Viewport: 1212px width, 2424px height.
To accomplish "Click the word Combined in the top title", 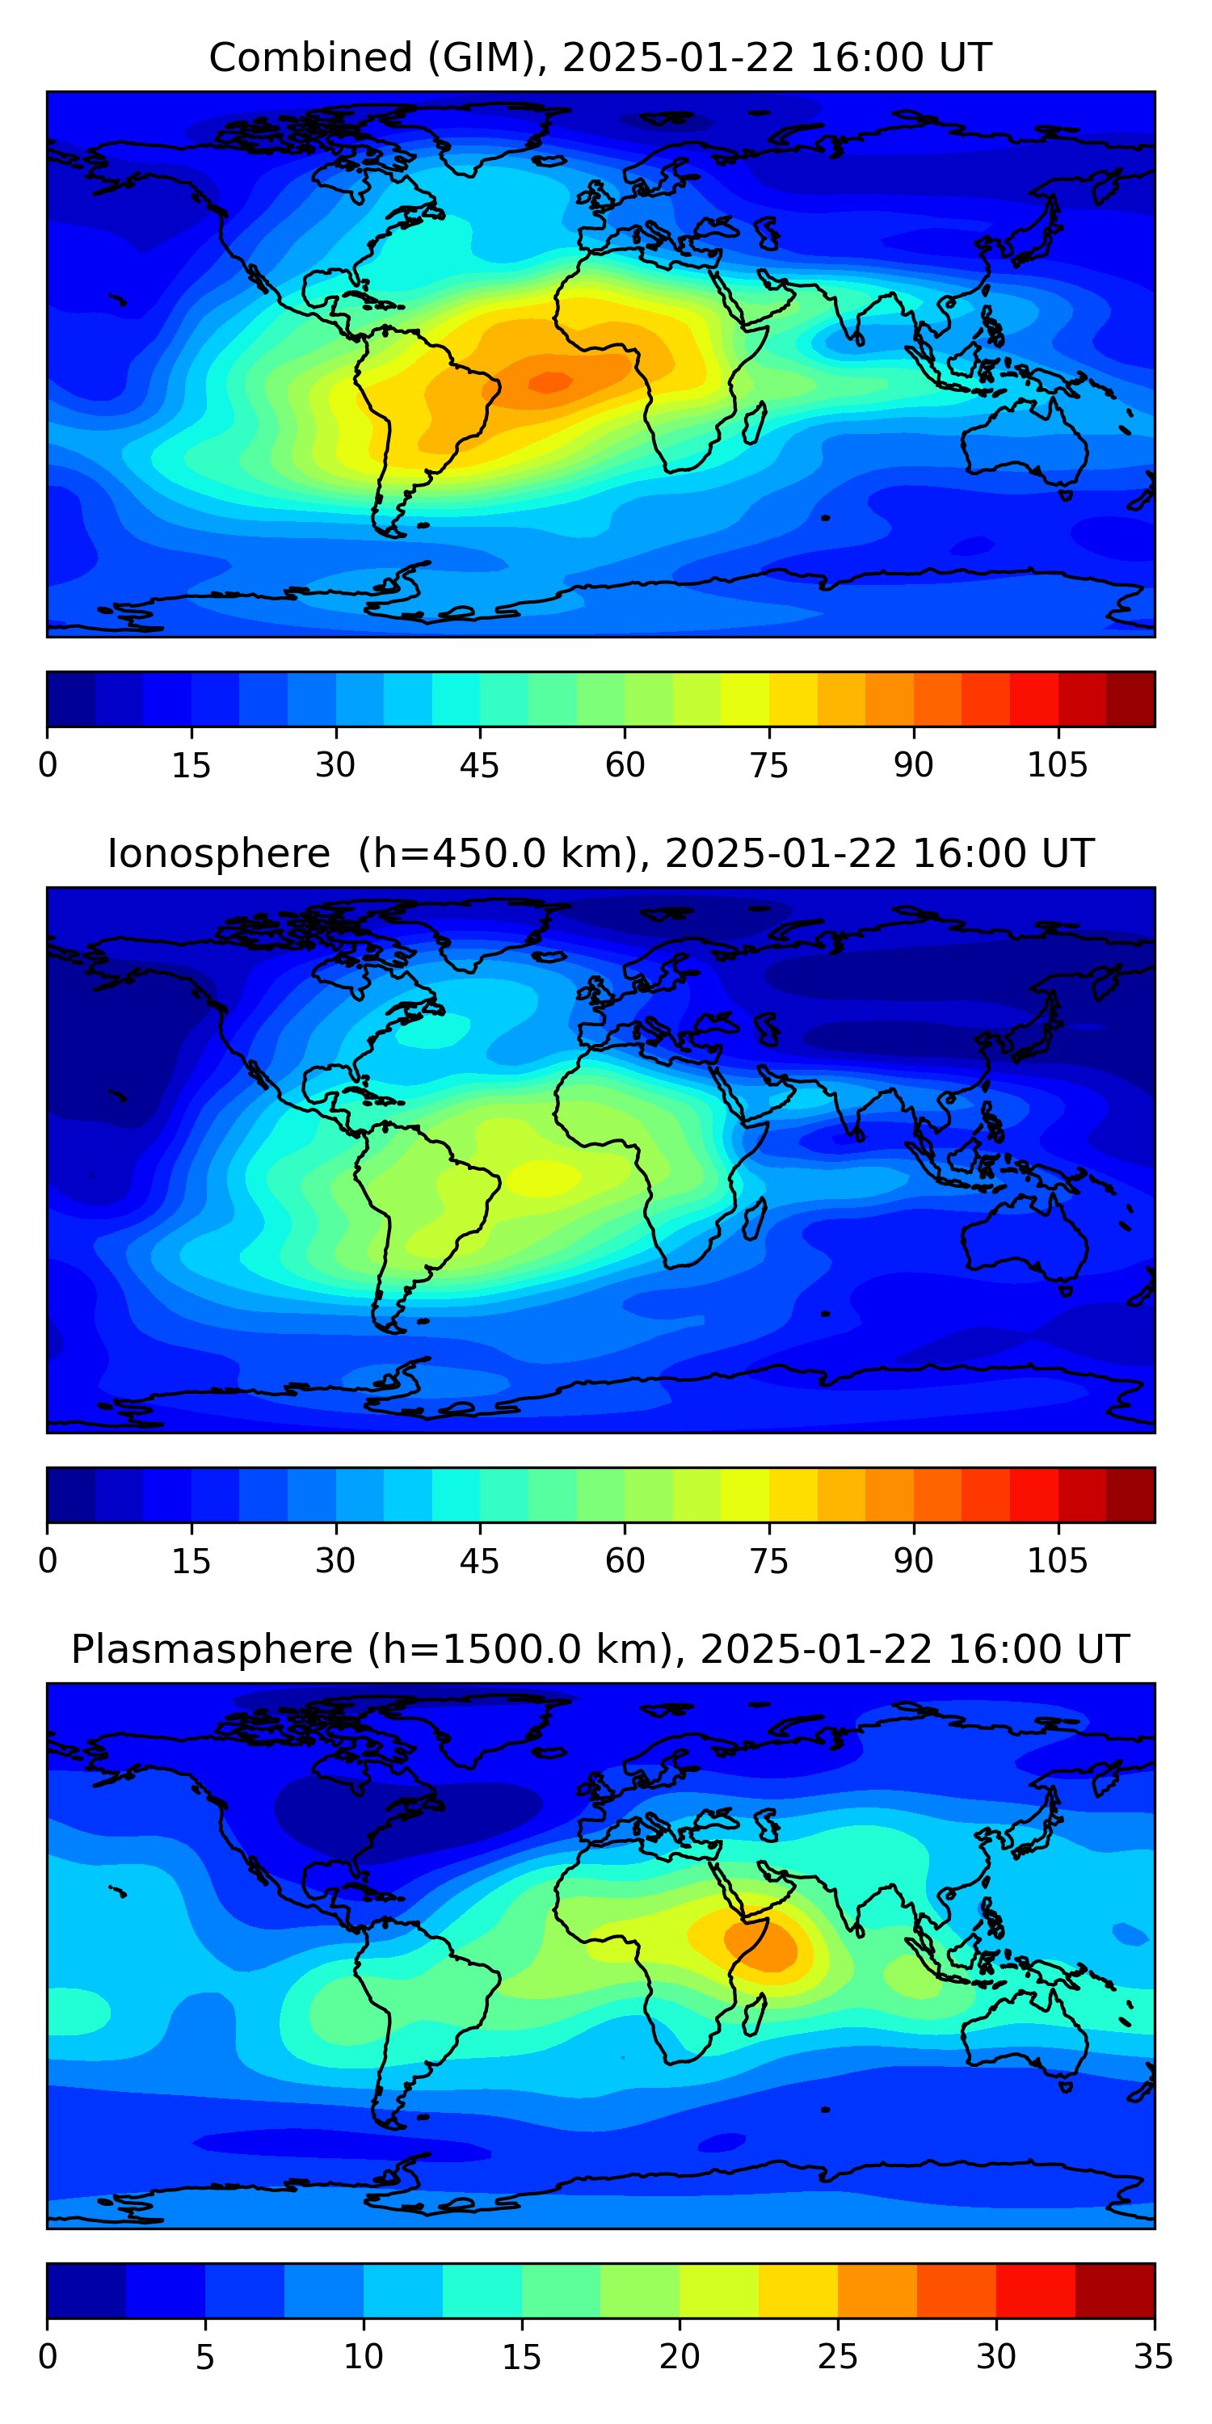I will [309, 57].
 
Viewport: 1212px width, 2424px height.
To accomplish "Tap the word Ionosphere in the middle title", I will [218, 853].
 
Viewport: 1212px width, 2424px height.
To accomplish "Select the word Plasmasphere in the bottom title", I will [211, 1650].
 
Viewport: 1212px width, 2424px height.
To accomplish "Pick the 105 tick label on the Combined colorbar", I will [1057, 765].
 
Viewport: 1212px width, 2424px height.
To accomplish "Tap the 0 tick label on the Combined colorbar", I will [47, 765].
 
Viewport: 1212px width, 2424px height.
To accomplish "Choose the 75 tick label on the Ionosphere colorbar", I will [768, 1561].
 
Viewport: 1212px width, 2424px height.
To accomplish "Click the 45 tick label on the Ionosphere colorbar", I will [479, 1561].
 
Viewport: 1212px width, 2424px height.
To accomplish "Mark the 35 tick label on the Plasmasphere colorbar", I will [1154, 2357].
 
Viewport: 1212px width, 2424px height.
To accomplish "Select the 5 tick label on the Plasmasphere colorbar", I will [205, 2357].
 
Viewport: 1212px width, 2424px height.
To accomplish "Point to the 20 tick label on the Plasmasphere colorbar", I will [680, 2357].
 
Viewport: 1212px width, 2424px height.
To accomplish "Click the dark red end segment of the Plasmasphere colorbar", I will [1114, 2291].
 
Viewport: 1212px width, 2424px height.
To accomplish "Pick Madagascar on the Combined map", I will [755, 423].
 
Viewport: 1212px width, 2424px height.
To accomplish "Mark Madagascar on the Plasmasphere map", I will [755, 2014].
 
